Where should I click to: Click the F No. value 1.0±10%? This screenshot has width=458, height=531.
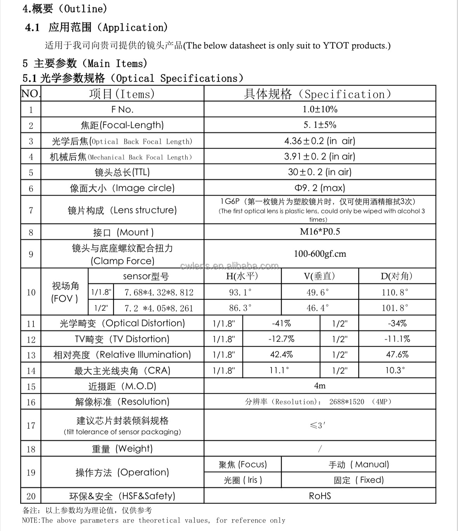coord(320,110)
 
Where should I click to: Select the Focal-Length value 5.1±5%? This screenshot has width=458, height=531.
coord(320,125)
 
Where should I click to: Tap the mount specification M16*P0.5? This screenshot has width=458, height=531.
coord(320,232)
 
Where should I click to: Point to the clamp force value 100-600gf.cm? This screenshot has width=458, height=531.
coord(320,254)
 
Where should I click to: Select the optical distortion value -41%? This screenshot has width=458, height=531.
coord(281,324)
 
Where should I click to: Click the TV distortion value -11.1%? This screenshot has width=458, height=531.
coord(397,339)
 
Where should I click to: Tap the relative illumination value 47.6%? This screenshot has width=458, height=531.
coord(397,355)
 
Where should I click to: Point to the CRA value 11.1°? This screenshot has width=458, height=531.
coord(279,371)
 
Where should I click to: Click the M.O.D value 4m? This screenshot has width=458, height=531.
coord(320,386)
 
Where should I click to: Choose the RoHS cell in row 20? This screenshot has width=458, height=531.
coord(320,496)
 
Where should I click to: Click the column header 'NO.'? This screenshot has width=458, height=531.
coord(30,94)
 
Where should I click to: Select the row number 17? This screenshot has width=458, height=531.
coord(31,426)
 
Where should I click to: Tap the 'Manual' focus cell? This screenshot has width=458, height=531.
coord(358,465)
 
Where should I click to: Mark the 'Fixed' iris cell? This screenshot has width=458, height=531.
coord(358,480)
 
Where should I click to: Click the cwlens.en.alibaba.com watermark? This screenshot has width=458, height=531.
coord(230,266)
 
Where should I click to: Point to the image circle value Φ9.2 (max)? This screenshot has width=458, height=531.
coord(320,188)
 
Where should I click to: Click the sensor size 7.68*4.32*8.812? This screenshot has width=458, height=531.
coord(158,292)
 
